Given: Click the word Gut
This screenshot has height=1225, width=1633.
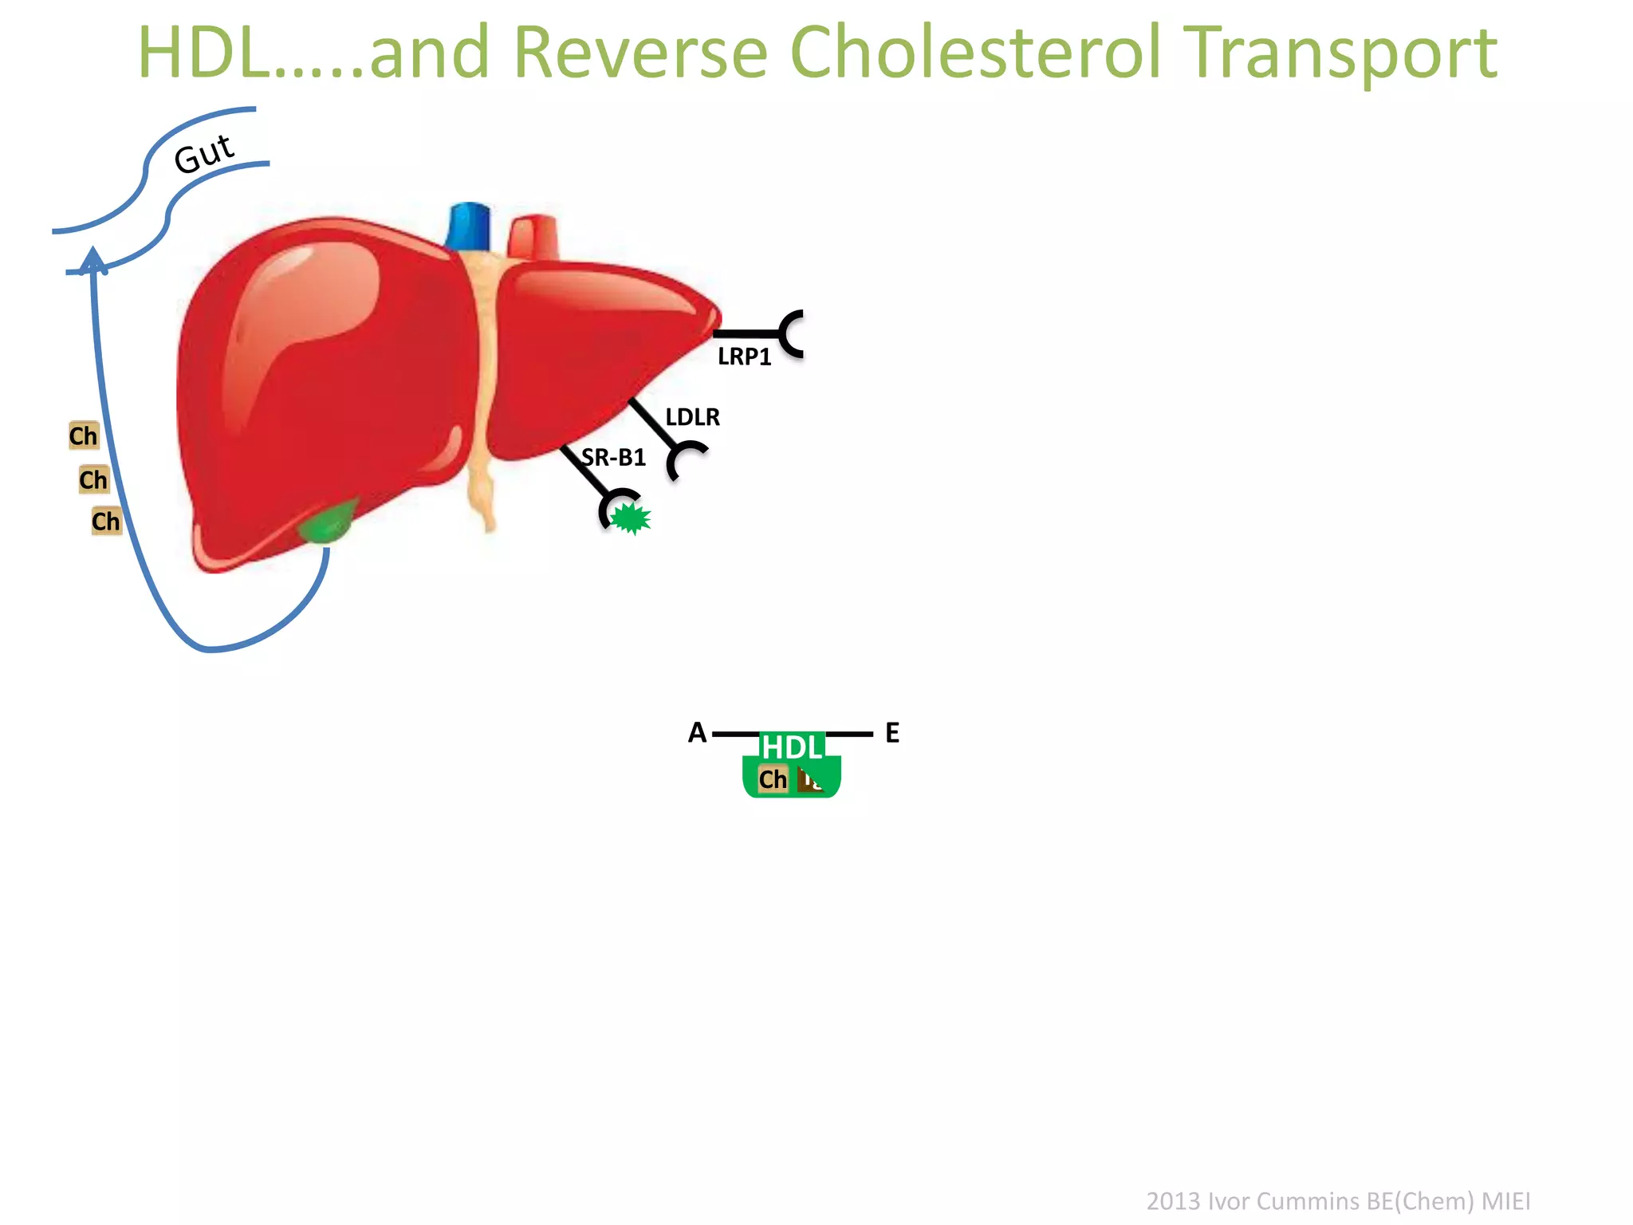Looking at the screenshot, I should (x=204, y=153).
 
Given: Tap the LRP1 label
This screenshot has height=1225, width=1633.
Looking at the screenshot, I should (x=744, y=356).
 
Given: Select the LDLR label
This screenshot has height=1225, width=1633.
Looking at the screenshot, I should (x=692, y=417).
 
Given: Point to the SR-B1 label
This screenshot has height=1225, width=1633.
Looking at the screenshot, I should (x=613, y=458).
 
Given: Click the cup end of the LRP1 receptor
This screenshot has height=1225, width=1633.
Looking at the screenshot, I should (x=792, y=333).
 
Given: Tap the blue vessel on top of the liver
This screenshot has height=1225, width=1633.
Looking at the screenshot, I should (x=469, y=226).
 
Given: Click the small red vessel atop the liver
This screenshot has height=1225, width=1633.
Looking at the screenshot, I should (x=533, y=237).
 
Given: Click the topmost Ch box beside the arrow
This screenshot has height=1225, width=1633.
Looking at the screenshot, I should (x=83, y=435).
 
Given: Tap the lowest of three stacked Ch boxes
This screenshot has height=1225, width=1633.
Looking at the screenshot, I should (x=106, y=521).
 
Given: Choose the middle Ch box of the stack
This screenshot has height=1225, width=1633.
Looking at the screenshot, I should (x=93, y=479).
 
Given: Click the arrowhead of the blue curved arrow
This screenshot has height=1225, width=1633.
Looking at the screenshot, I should (x=93, y=258).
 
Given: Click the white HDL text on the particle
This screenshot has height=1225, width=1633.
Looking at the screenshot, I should (x=791, y=747).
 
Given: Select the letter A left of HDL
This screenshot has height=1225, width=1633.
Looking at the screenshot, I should (x=697, y=732).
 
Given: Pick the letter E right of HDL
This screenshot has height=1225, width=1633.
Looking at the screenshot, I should (x=892, y=733).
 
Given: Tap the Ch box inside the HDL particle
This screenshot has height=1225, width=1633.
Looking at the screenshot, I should (x=772, y=779).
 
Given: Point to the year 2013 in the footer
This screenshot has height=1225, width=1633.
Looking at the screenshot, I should (x=1172, y=1201).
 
